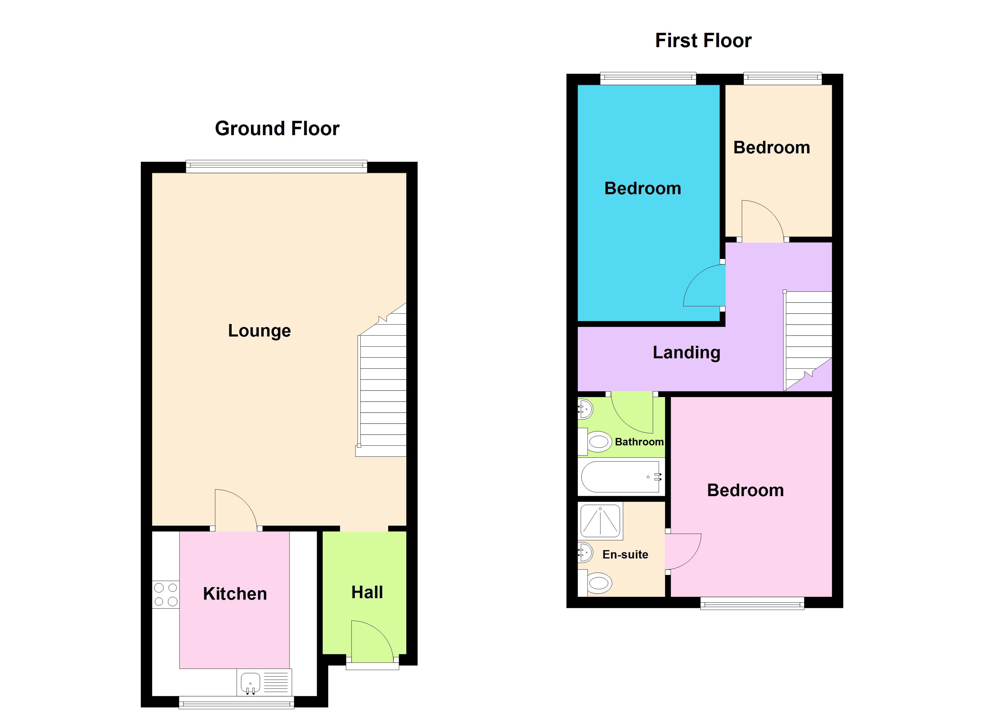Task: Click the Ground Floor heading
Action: click(277, 129)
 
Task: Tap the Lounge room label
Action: click(259, 331)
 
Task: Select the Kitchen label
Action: click(235, 594)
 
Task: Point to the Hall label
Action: click(367, 592)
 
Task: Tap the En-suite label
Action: click(625, 555)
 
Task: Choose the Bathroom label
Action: click(639, 442)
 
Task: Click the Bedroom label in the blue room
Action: click(642, 189)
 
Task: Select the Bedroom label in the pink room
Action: click(745, 490)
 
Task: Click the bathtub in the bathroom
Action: click(621, 477)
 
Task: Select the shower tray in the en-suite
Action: click(600, 520)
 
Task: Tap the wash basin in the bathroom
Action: click(584, 409)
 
